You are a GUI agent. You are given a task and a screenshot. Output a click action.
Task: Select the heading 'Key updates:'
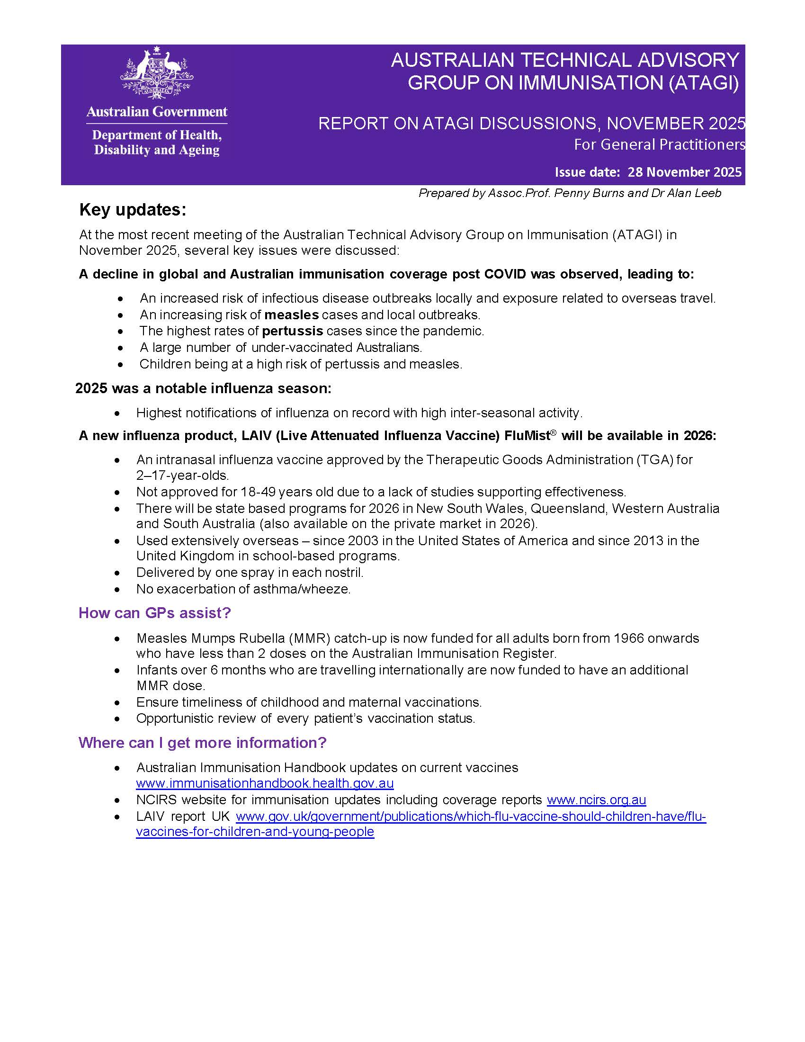coord(133,210)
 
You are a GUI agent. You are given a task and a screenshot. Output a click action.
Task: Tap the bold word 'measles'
coord(291,315)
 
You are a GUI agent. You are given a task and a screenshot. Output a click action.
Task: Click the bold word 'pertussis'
coord(292,331)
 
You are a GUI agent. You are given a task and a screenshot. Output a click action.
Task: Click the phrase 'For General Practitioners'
coord(659,144)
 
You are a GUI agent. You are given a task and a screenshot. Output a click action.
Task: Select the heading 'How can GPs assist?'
coord(154,613)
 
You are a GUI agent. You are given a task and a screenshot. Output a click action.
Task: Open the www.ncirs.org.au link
coord(596,800)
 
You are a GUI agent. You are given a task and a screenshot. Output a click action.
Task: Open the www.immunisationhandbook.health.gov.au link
coord(265,783)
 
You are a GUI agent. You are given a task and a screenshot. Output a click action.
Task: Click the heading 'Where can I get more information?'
coord(202,743)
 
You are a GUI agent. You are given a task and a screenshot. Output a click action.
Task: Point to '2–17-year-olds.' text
coord(183,476)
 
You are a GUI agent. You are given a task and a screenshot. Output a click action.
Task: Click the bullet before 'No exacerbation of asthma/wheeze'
coord(118,590)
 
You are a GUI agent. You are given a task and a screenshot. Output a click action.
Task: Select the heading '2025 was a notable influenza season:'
coord(203,388)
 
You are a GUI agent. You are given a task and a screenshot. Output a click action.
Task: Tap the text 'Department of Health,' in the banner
coord(156,135)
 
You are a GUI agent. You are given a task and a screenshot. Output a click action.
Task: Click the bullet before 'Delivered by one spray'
coord(118,573)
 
